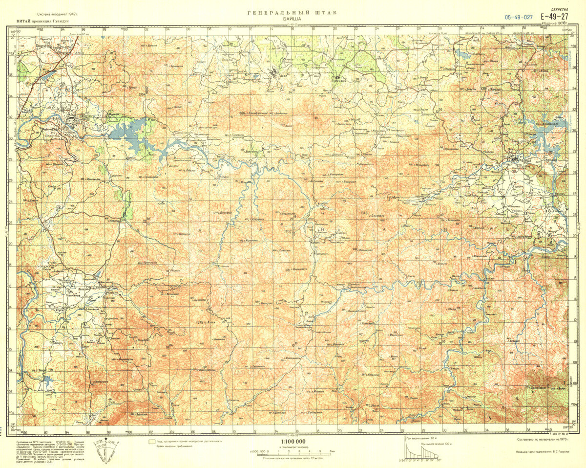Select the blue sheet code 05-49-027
[519, 17]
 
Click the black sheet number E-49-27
[556, 17]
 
